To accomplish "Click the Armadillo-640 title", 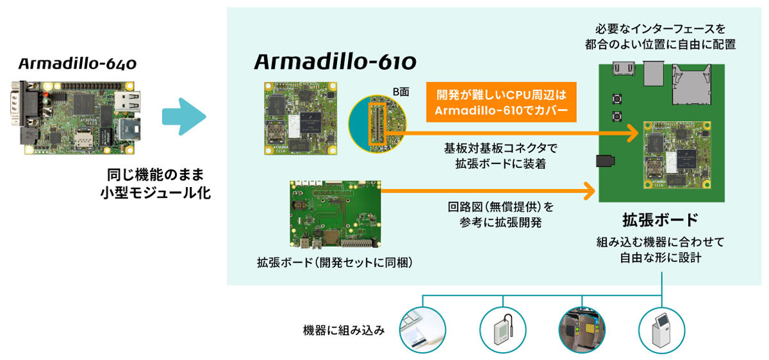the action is click(x=78, y=64).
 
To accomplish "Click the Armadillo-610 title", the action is click(x=335, y=61).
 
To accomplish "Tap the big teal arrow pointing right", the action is click(x=184, y=117).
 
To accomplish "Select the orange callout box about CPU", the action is click(x=501, y=102).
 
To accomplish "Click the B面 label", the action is click(x=401, y=92).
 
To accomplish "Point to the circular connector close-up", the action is click(x=377, y=124).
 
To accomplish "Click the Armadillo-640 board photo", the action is click(x=76, y=117).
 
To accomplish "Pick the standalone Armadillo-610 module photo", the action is click(x=301, y=119).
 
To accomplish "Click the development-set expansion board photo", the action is click(x=335, y=214).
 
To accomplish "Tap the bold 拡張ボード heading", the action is click(x=660, y=220).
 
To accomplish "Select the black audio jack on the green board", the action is click(x=605, y=161).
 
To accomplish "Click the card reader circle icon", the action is click(x=422, y=330).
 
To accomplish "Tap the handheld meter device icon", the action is click(x=503, y=330).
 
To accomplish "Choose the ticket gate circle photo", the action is click(x=582, y=330).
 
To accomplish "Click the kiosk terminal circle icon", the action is click(x=662, y=330).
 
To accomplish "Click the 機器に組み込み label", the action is click(x=343, y=331).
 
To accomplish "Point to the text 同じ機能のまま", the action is click(x=156, y=175).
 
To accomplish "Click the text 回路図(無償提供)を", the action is click(x=500, y=207).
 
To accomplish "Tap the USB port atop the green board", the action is click(x=653, y=73).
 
